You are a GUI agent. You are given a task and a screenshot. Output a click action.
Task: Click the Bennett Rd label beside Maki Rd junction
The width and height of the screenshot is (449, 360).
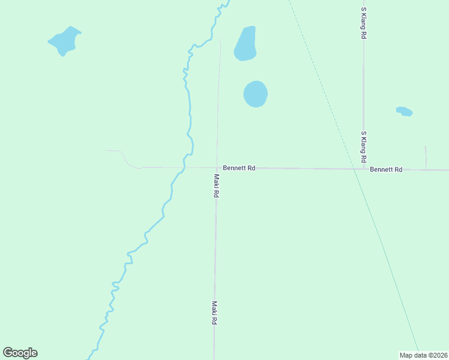point(239,168)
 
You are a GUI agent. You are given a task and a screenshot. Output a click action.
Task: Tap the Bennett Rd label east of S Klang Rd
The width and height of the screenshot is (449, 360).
point(386,170)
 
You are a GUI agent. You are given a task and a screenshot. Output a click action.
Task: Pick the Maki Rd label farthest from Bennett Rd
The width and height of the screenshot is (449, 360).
point(214,313)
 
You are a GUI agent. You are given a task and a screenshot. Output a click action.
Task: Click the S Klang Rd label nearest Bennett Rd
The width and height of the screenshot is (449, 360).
point(363,148)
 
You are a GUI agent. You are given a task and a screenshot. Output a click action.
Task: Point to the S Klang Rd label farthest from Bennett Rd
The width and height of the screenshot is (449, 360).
point(363,23)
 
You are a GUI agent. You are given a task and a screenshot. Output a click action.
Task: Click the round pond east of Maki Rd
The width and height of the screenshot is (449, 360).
point(255,94)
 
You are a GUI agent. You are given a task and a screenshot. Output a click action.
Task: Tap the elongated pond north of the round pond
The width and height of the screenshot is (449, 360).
point(246,44)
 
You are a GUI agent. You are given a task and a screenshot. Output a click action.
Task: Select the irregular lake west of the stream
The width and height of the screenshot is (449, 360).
point(64,41)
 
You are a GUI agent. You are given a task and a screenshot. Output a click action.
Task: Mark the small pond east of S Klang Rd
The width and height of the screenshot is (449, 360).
point(405,112)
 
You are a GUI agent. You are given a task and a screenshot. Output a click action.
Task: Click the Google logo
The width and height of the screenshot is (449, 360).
point(20,353)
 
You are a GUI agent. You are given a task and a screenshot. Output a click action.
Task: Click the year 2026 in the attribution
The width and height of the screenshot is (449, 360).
point(438,355)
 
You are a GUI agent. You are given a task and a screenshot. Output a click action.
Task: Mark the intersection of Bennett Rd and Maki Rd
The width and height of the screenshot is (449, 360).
point(217,168)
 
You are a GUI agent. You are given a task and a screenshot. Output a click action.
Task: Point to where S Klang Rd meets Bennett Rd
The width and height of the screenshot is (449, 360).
point(363,169)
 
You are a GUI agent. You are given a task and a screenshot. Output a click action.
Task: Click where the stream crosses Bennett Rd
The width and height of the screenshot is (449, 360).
point(182,168)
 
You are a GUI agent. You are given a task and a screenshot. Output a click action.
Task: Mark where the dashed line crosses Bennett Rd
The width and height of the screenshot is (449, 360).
point(354,169)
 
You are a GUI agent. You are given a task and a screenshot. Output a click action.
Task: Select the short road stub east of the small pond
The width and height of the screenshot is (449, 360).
point(426,157)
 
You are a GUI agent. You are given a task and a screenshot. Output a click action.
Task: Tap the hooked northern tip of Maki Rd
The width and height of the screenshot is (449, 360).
point(220,41)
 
